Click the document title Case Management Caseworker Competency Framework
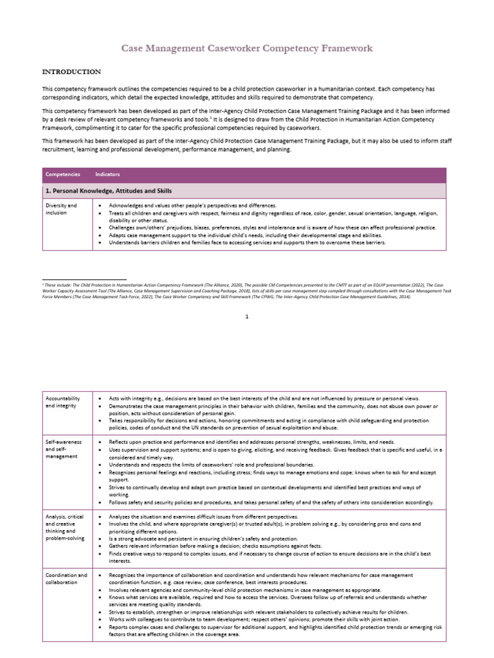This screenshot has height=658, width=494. [x=247, y=48]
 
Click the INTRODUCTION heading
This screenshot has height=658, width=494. [x=71, y=71]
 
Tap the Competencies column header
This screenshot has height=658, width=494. [x=62, y=174]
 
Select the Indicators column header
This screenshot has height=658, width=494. [x=107, y=174]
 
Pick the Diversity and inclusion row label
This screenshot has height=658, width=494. [x=61, y=209]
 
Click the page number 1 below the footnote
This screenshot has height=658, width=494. [x=247, y=316]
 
